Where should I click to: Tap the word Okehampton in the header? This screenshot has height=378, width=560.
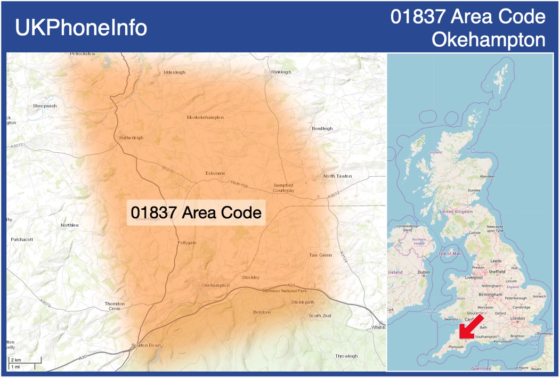[x=488, y=40]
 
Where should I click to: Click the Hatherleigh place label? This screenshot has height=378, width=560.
[x=131, y=138]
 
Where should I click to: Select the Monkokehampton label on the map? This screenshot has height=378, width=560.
[x=205, y=117]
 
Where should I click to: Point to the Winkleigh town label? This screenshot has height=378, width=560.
[x=281, y=72]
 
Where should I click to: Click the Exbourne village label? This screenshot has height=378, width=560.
[x=215, y=173]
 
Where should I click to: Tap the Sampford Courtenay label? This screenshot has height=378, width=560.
[x=283, y=187]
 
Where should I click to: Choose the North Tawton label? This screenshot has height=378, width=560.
[x=337, y=176]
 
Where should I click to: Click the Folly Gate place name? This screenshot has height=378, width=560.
[x=187, y=243]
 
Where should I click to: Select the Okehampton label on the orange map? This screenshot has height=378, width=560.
[x=215, y=286]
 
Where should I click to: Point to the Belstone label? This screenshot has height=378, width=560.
[x=262, y=312]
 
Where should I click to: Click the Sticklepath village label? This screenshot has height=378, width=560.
[x=303, y=302]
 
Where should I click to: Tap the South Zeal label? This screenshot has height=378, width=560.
[x=320, y=316]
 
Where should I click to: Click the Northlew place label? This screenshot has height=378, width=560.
[x=70, y=225]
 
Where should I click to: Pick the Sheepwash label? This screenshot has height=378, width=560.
[x=45, y=106]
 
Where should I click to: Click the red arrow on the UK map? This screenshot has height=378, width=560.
[x=472, y=326]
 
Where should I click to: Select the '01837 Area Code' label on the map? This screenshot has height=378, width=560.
[x=196, y=212]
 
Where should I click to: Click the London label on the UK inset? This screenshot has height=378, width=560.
[x=518, y=318]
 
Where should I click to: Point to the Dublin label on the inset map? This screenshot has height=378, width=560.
[x=424, y=272]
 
